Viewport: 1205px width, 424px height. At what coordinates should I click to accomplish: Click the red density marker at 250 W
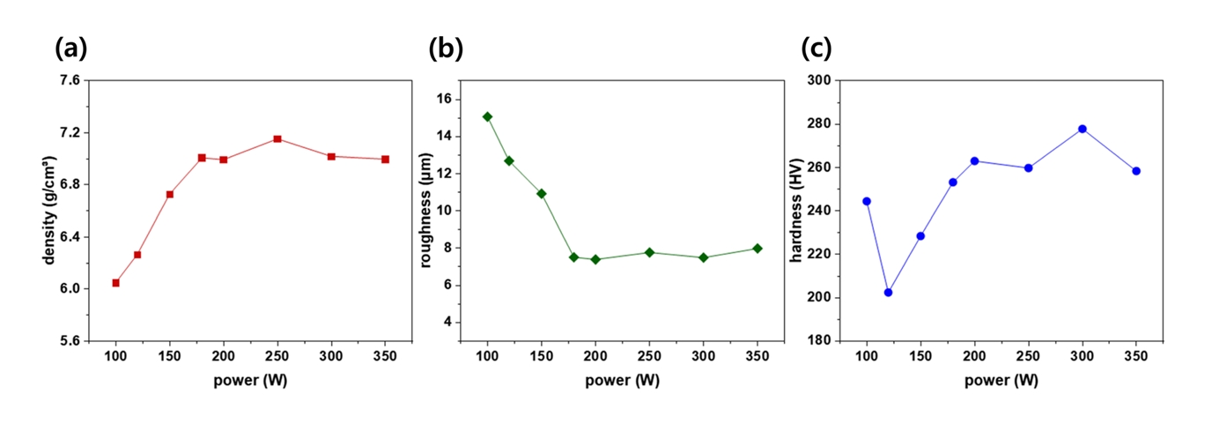(x=277, y=139)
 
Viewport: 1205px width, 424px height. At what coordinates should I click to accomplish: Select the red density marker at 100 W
(x=115, y=283)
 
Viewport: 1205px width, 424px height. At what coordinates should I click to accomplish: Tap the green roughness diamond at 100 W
(x=487, y=116)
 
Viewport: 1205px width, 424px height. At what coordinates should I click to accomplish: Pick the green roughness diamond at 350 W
(x=758, y=249)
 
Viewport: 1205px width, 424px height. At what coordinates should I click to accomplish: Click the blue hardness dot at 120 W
(x=888, y=292)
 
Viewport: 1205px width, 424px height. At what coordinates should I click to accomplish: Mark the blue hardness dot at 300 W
(x=1083, y=129)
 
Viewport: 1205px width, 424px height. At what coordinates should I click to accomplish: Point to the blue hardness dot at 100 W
(x=867, y=201)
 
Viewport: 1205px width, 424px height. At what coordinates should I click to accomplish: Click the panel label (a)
(x=70, y=49)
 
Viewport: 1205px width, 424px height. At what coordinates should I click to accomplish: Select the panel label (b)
(x=446, y=49)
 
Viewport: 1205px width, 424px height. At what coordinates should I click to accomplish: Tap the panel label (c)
(x=817, y=49)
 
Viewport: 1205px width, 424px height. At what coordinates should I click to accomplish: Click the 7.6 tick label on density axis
(x=68, y=81)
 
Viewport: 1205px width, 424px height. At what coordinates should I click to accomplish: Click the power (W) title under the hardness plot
(x=1001, y=381)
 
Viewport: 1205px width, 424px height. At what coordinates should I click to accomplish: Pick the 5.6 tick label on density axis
(x=68, y=341)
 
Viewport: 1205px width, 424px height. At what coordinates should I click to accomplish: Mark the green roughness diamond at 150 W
(x=542, y=193)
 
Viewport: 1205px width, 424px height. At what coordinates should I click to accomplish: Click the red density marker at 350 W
(x=385, y=160)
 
